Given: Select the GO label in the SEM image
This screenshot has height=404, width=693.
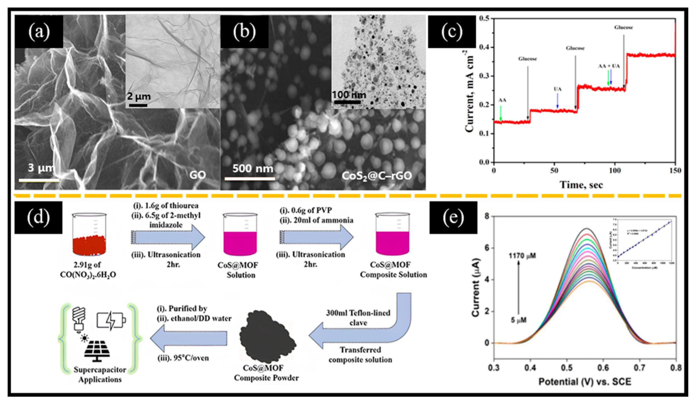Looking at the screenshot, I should pyautogui.click(x=197, y=175).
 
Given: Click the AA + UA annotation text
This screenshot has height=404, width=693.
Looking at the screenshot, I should pyautogui.click(x=609, y=66).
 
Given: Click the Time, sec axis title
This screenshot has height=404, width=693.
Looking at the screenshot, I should pyautogui.click(x=581, y=185).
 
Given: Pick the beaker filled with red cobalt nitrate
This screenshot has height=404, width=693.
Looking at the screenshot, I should pyautogui.click(x=89, y=235).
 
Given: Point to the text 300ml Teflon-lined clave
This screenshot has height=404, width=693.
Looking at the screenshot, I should pyautogui.click(x=358, y=318).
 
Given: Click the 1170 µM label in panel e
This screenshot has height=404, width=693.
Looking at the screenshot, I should pyautogui.click(x=522, y=256).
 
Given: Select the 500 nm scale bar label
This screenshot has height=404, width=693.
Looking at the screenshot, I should pyautogui.click(x=253, y=168).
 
